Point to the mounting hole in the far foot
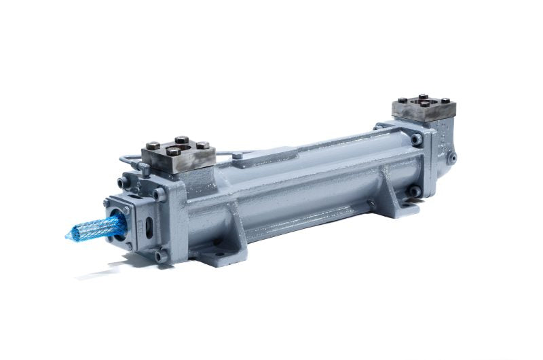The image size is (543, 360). click(409, 193)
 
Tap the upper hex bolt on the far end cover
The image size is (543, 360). click(416, 139)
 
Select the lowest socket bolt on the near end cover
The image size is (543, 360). click(160, 256)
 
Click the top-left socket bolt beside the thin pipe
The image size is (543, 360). click(122, 182)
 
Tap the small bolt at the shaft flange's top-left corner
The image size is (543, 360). click(110, 202)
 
